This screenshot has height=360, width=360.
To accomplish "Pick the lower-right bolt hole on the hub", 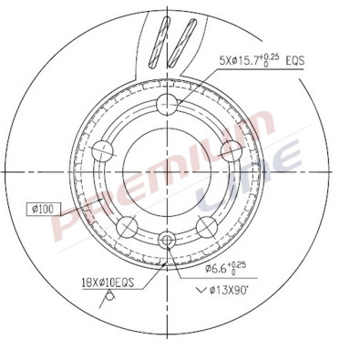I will coord(203,225).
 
